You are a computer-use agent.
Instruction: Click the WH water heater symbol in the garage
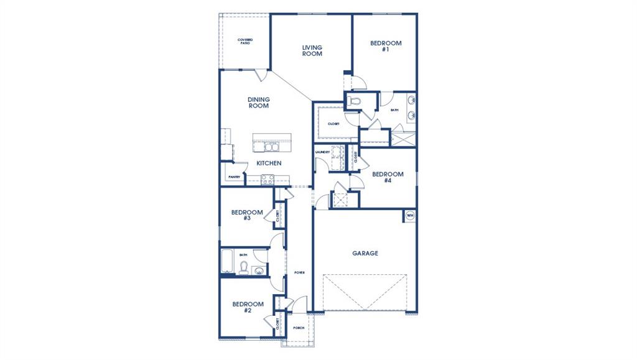(x=409, y=216)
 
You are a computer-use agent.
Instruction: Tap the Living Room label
(x=312, y=50)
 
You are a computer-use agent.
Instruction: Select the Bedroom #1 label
(x=386, y=46)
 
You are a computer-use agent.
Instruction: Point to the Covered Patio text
(x=244, y=42)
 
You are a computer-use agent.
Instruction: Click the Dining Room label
(x=258, y=103)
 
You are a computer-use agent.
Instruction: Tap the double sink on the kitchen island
(x=271, y=146)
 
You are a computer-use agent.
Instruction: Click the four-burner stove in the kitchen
(x=267, y=179)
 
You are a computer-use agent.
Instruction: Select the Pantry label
(x=234, y=177)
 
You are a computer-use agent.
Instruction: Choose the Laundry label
(x=322, y=152)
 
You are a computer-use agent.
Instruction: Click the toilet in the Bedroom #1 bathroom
(x=356, y=101)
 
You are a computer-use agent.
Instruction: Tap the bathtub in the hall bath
(x=228, y=261)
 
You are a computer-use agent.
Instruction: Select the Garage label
(x=365, y=253)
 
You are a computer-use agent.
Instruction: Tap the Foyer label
(x=299, y=272)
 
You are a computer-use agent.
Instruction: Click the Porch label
(x=299, y=328)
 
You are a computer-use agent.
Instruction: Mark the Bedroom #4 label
(x=388, y=177)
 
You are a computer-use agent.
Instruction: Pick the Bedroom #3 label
(x=247, y=215)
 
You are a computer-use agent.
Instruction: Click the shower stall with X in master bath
(x=403, y=138)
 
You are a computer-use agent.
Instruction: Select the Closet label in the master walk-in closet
(x=333, y=124)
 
